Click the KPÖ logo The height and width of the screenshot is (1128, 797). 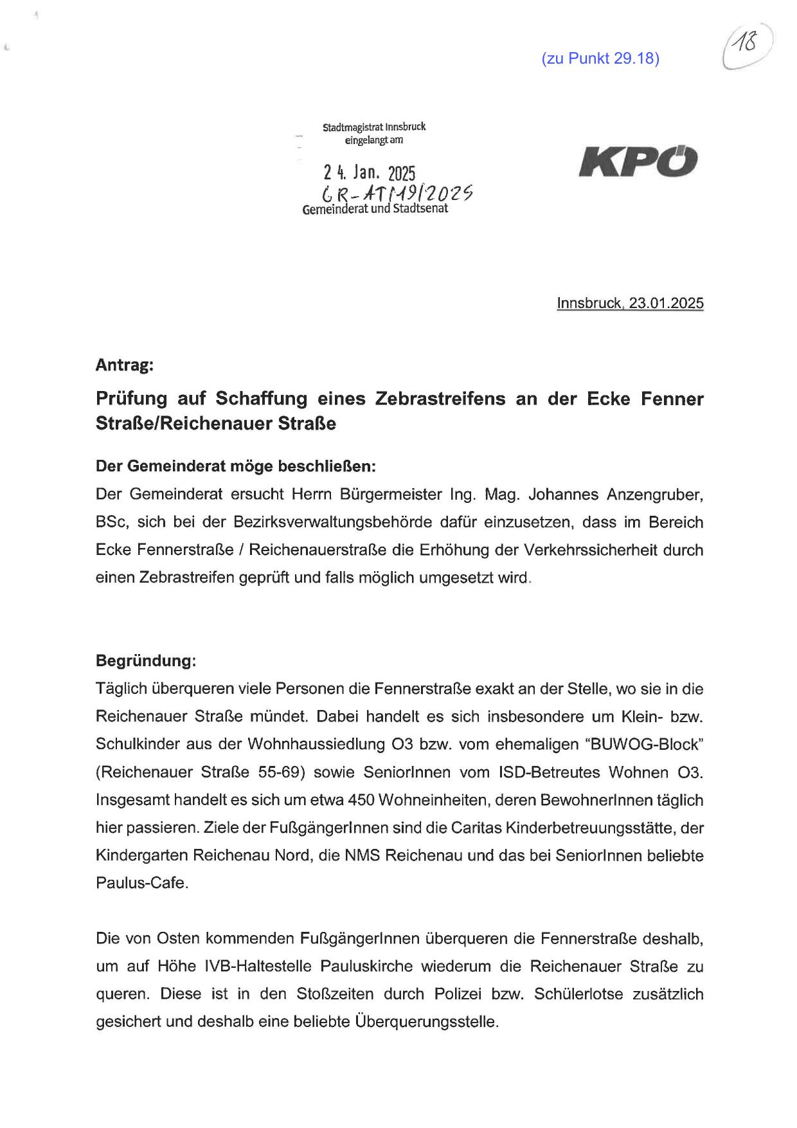pyautogui.click(x=638, y=162)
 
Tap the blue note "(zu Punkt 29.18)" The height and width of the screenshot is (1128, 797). pyautogui.click(x=600, y=59)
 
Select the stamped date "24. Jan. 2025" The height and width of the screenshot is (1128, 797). pyautogui.click(x=370, y=173)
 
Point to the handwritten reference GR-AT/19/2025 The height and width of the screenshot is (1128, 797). pyautogui.click(x=398, y=192)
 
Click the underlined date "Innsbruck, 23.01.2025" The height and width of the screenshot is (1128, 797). pyautogui.click(x=630, y=303)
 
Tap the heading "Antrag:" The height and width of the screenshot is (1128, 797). pyautogui.click(x=125, y=365)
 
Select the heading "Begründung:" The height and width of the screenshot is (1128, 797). pyautogui.click(x=146, y=660)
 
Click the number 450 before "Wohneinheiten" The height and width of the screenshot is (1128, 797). pyautogui.click(x=362, y=800)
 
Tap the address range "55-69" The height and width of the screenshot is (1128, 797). pyautogui.click(x=281, y=772)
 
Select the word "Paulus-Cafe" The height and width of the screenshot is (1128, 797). pyautogui.click(x=141, y=883)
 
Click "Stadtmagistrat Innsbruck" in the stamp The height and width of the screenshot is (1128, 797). pyautogui.click(x=374, y=127)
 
